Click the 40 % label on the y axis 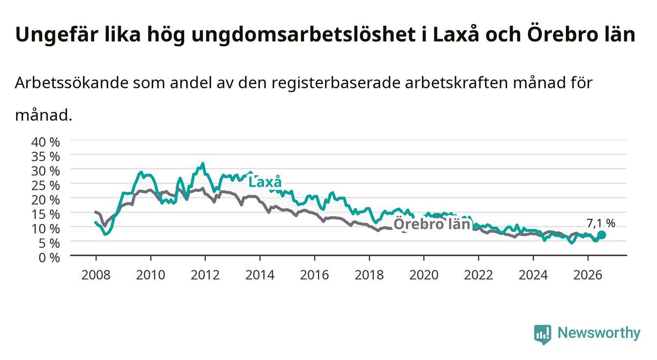click(x=46, y=142)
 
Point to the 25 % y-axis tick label click(x=46, y=185)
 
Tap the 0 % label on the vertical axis click(x=49, y=257)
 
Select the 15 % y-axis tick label click(x=46, y=214)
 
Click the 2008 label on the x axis click(x=96, y=275)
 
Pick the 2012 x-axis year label click(x=205, y=275)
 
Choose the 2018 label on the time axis click(x=369, y=275)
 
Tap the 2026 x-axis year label click(x=588, y=275)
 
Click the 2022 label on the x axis click(x=479, y=275)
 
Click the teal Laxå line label click(x=265, y=182)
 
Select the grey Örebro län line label click(x=432, y=224)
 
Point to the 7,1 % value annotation click(x=601, y=223)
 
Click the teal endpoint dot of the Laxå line click(x=602, y=235)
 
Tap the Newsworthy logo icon click(x=543, y=334)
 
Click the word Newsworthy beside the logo click(x=599, y=333)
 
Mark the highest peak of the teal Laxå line click(x=202, y=163)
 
